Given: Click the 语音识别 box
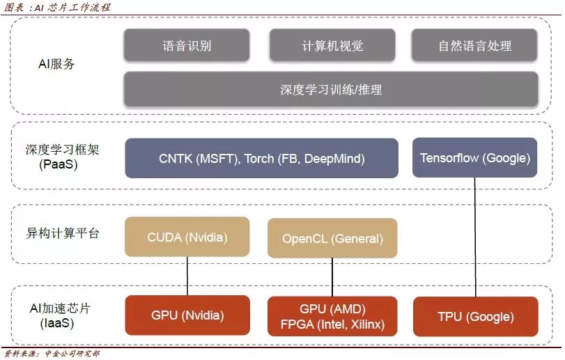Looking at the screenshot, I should tap(187, 46).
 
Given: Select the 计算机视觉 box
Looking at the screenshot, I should tap(332, 46).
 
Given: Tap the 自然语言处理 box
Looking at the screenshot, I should tap(474, 46).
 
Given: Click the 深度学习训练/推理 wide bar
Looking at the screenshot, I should tap(331, 89).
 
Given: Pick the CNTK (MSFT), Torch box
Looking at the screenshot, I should tap(261, 158).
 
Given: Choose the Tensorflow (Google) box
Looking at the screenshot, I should tap(475, 157).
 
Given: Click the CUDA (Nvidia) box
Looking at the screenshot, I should tap(187, 237).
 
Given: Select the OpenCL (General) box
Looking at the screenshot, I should tap(332, 239).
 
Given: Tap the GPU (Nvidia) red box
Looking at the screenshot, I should tap(187, 315).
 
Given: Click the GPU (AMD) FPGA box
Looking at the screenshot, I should tap(332, 316).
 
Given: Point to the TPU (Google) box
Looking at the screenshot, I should tap(475, 316).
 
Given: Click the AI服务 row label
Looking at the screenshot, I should tap(56, 64).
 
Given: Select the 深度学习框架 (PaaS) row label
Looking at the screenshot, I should tap(57, 157).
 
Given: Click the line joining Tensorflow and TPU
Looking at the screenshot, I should tap(476, 237).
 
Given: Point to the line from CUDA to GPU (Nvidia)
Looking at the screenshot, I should tap(187, 276).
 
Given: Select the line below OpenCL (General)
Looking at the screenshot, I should tap(332, 277).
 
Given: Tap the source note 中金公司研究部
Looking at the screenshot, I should tap(52, 354).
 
